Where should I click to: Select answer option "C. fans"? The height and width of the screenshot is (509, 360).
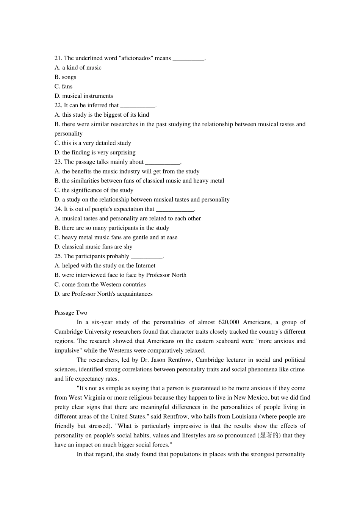(x=63, y=86)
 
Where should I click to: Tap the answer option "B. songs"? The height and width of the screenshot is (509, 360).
(x=65, y=77)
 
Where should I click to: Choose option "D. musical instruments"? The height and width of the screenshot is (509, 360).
(x=84, y=96)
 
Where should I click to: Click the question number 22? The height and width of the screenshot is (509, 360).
(x=58, y=105)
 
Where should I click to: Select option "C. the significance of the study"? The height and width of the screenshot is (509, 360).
(x=94, y=190)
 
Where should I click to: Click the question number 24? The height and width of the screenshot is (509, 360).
(x=58, y=209)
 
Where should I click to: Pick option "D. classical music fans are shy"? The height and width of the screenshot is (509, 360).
(x=94, y=247)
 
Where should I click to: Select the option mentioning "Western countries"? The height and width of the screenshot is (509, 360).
(x=100, y=284)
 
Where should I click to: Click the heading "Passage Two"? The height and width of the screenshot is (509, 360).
(x=71, y=313)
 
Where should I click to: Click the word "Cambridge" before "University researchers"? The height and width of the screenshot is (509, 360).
(x=69, y=332)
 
